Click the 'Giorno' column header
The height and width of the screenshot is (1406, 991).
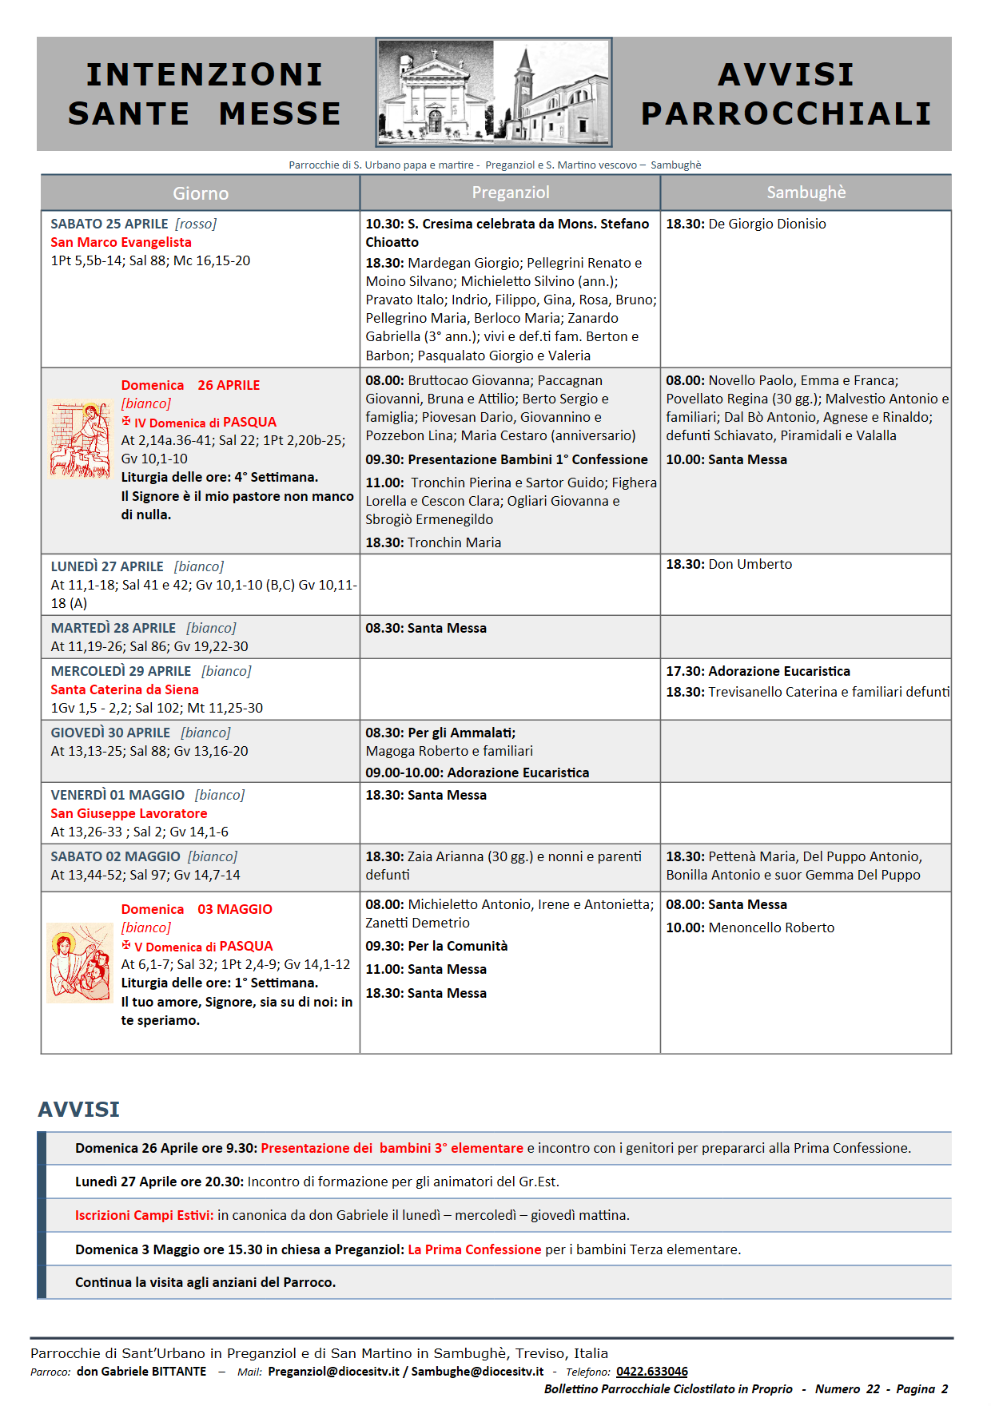point(201,193)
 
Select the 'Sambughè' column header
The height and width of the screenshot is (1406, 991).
point(806,193)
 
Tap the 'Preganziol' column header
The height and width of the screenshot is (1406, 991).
point(511,193)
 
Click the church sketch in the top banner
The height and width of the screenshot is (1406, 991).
point(494,93)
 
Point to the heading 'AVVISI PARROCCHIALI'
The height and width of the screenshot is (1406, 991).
point(786,94)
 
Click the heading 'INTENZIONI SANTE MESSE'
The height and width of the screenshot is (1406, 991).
point(205,94)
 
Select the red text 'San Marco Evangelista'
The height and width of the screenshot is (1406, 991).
point(121,242)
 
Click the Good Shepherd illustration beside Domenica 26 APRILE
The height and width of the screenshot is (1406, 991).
point(80,439)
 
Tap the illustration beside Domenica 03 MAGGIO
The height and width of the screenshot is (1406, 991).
point(79,962)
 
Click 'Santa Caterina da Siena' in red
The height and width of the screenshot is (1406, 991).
point(125,689)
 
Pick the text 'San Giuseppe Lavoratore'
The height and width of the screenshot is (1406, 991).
point(129,813)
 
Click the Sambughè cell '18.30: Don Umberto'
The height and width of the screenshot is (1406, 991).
point(729,564)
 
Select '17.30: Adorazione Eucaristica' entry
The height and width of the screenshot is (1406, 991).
point(758,671)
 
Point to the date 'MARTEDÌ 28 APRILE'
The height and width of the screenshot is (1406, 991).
point(113,628)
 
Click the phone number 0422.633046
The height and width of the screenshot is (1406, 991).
point(651,1372)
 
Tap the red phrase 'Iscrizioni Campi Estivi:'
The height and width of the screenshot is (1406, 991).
point(144,1215)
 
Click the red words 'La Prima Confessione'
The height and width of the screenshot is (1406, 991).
point(475,1249)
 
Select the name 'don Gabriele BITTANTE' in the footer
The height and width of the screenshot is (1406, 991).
point(141,1372)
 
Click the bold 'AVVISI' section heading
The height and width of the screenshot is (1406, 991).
point(78,1109)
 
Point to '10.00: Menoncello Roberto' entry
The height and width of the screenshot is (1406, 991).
point(750,927)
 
